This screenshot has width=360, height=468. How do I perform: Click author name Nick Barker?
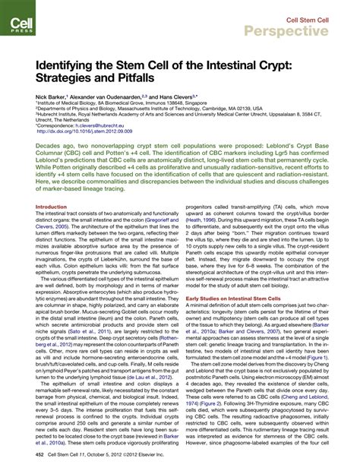(x=49, y=97)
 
